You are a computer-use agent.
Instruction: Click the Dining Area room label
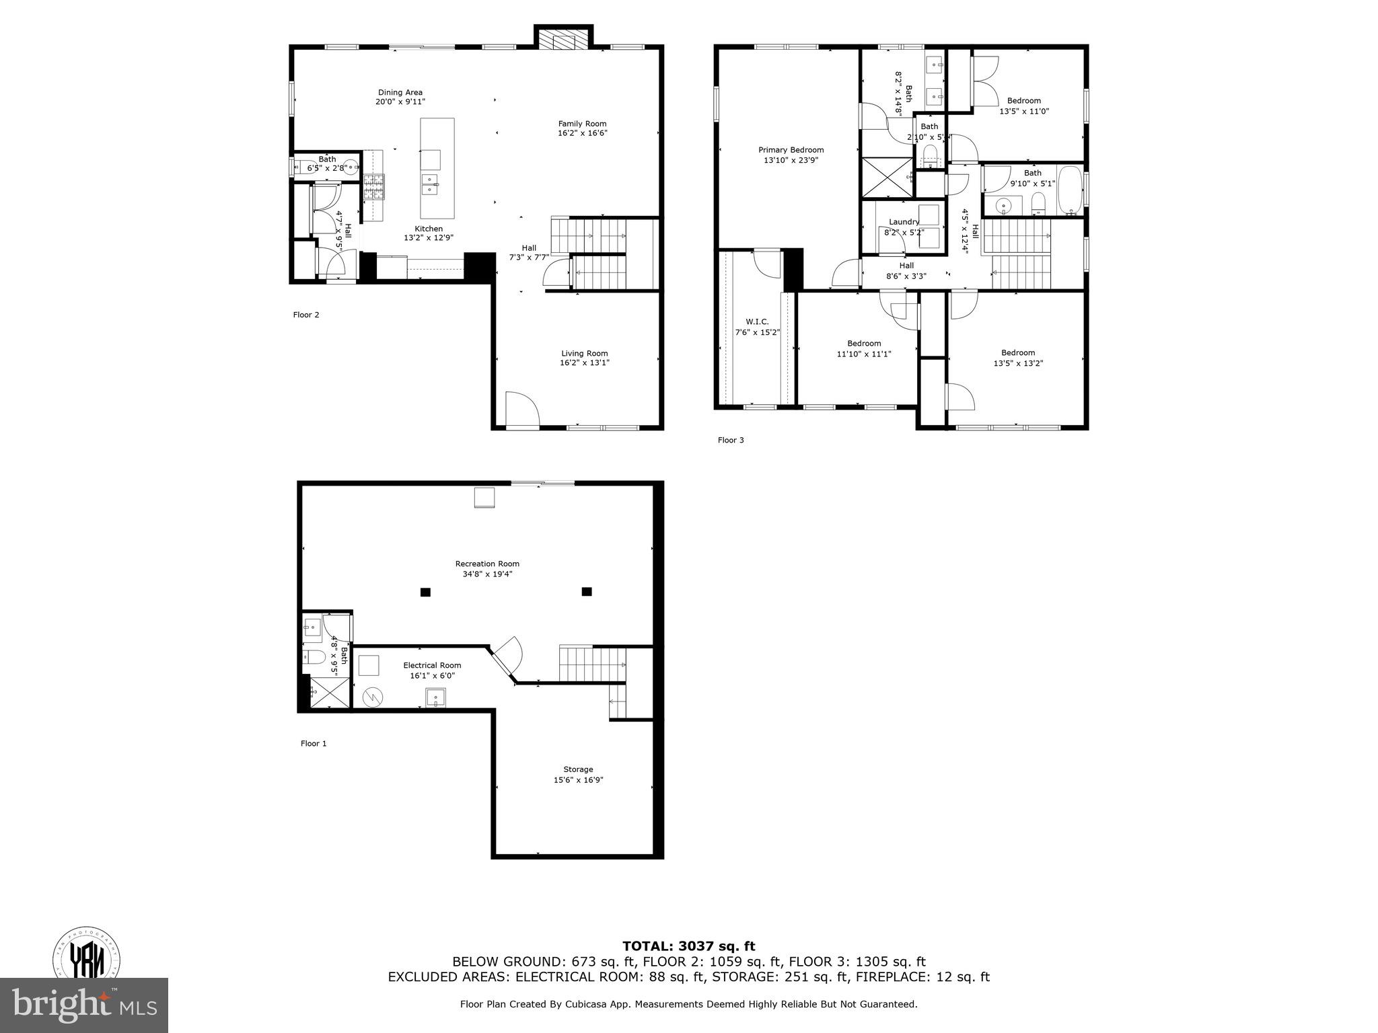(400, 93)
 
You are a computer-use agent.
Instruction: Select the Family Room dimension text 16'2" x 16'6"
(583, 133)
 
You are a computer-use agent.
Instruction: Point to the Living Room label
(585, 354)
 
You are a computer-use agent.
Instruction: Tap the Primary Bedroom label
(791, 150)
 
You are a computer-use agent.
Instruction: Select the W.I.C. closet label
(757, 322)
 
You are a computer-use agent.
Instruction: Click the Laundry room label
(904, 222)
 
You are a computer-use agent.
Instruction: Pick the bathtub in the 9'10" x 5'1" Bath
(1071, 190)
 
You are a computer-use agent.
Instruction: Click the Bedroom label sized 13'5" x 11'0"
(1024, 101)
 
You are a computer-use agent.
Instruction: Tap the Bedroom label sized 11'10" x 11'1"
(864, 344)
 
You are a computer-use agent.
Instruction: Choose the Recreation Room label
(487, 564)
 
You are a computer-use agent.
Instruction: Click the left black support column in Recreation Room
(425, 592)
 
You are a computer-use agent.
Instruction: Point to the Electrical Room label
(432, 666)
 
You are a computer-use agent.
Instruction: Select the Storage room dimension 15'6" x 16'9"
(578, 780)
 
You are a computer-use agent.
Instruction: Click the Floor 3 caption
(731, 441)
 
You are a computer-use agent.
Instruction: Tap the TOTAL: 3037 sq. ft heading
(688, 947)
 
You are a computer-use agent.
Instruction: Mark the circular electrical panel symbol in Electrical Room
(371, 697)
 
